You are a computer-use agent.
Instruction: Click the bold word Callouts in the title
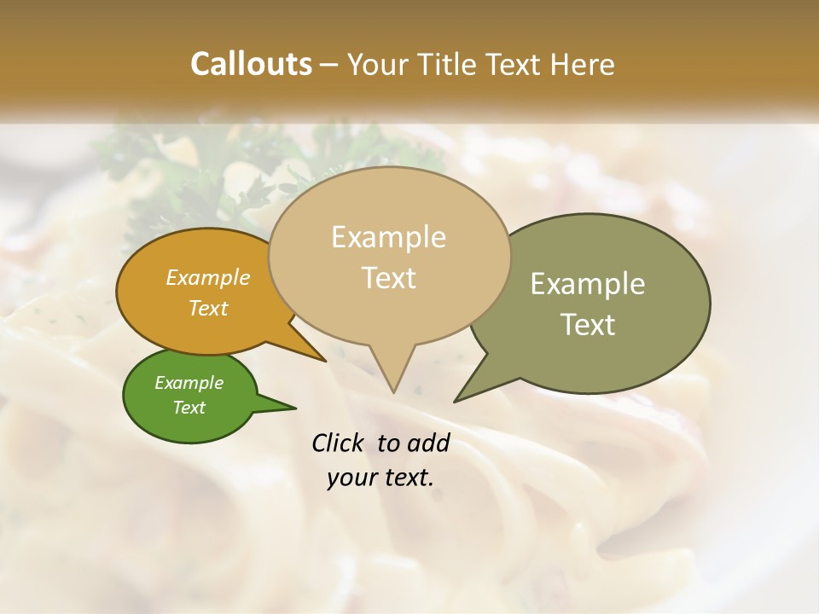click(x=251, y=64)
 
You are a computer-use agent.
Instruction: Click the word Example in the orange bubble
click(x=208, y=277)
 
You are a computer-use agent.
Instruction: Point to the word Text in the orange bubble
click(x=208, y=308)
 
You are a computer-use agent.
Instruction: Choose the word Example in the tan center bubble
click(x=388, y=237)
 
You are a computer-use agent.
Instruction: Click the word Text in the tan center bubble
click(x=389, y=278)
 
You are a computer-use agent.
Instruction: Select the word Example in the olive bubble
click(x=588, y=284)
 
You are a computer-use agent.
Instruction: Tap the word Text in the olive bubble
click(x=588, y=325)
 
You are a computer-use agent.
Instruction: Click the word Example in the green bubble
click(x=189, y=383)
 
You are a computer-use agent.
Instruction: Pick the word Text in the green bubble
click(x=189, y=408)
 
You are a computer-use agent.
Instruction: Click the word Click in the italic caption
click(x=340, y=443)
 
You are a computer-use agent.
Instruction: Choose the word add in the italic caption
click(x=428, y=443)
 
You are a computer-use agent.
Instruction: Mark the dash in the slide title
click(x=330, y=65)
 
